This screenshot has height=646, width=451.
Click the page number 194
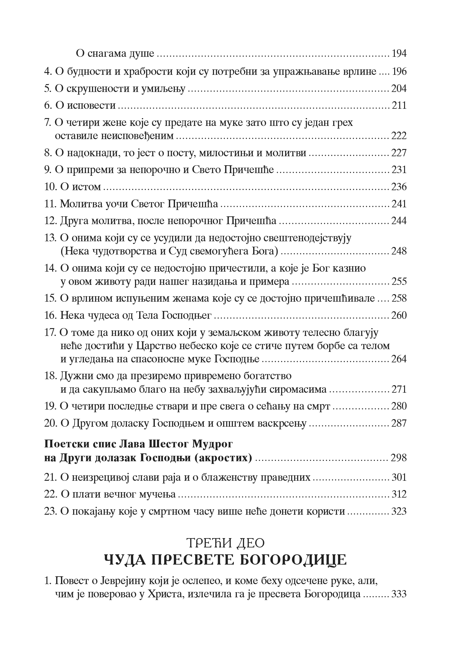399,54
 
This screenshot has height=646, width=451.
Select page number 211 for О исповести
399,105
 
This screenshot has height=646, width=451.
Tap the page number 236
399,187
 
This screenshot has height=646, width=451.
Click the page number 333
399,594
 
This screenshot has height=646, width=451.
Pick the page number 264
399,359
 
